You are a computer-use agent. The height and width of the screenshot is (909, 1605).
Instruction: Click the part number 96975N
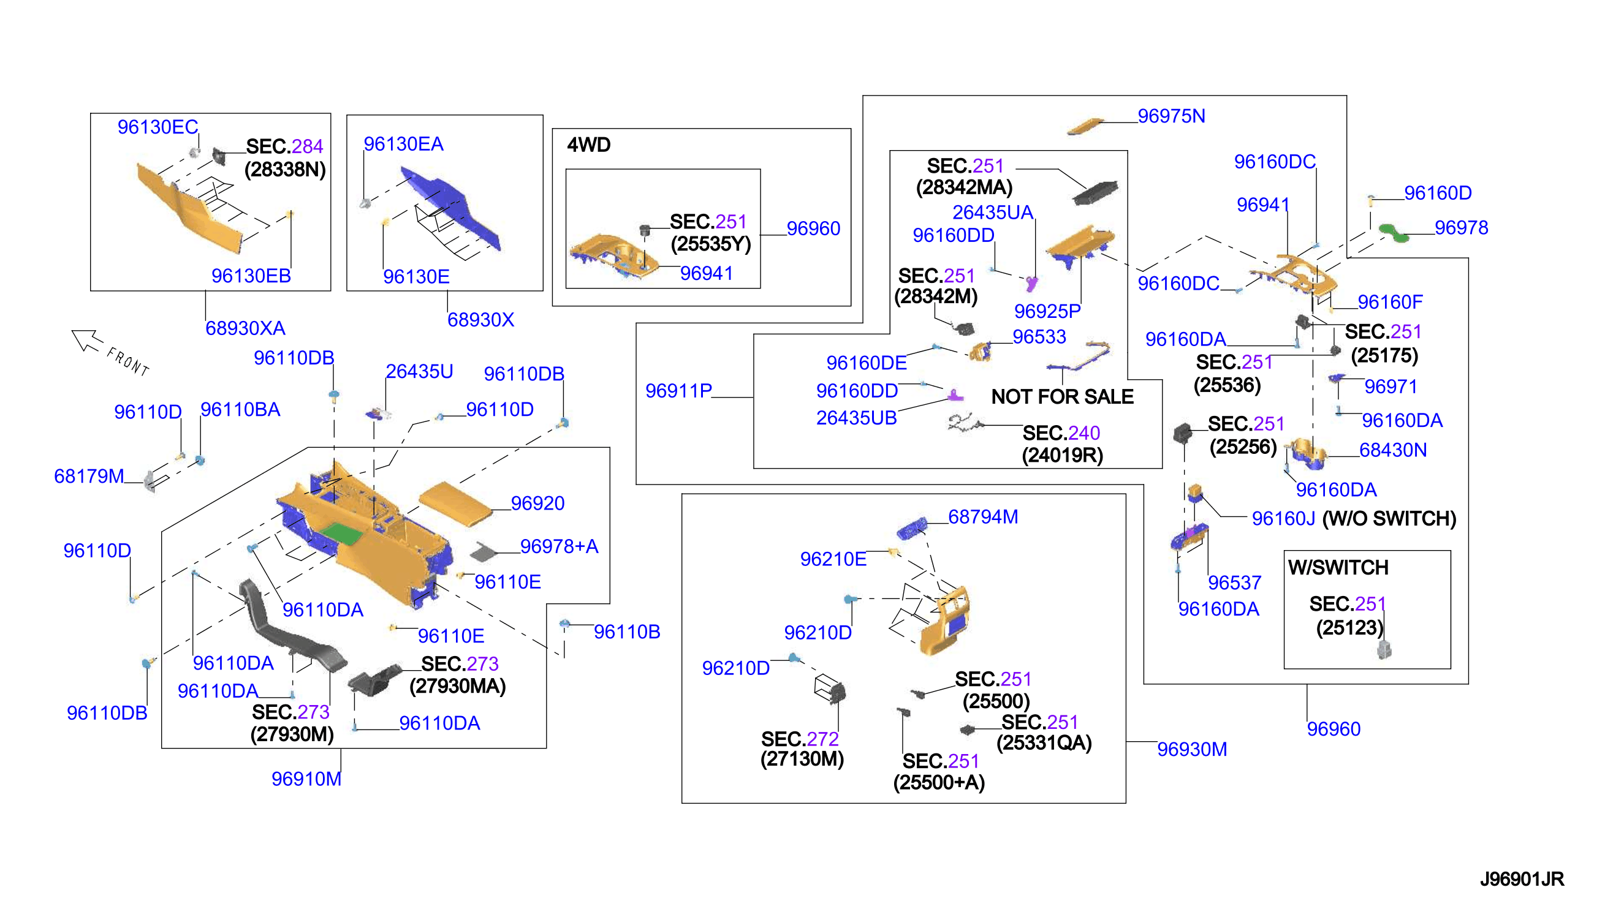click(1171, 116)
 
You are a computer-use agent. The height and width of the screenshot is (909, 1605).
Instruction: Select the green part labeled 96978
click(1394, 232)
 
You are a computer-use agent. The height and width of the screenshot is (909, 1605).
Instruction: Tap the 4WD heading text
click(588, 145)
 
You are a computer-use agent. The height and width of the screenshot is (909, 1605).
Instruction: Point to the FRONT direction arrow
click(87, 341)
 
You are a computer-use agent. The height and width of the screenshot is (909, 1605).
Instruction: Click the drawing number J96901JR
click(1521, 879)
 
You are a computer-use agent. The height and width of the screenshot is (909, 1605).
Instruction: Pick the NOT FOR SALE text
click(1061, 396)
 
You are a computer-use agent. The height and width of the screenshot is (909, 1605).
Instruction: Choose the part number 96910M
click(306, 779)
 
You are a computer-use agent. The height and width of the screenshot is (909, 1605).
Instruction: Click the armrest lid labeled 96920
click(456, 504)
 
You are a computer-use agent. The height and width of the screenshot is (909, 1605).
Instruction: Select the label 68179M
click(89, 476)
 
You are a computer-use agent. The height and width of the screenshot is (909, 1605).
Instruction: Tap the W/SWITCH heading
click(1338, 567)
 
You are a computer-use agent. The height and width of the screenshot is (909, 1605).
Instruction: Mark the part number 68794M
click(982, 516)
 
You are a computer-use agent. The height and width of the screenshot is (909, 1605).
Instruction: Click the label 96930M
click(1191, 749)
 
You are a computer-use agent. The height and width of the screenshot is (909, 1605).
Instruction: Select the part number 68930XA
click(245, 328)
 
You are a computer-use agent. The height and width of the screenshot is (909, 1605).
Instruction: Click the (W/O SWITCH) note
click(1389, 518)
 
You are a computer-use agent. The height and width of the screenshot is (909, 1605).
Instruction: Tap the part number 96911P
click(678, 391)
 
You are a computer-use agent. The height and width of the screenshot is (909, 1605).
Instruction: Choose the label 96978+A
click(559, 546)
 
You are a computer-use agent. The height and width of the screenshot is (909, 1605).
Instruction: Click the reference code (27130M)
click(802, 759)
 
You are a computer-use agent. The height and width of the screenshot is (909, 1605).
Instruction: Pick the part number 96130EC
click(157, 127)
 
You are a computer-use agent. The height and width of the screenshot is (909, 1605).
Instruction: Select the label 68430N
click(1393, 450)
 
